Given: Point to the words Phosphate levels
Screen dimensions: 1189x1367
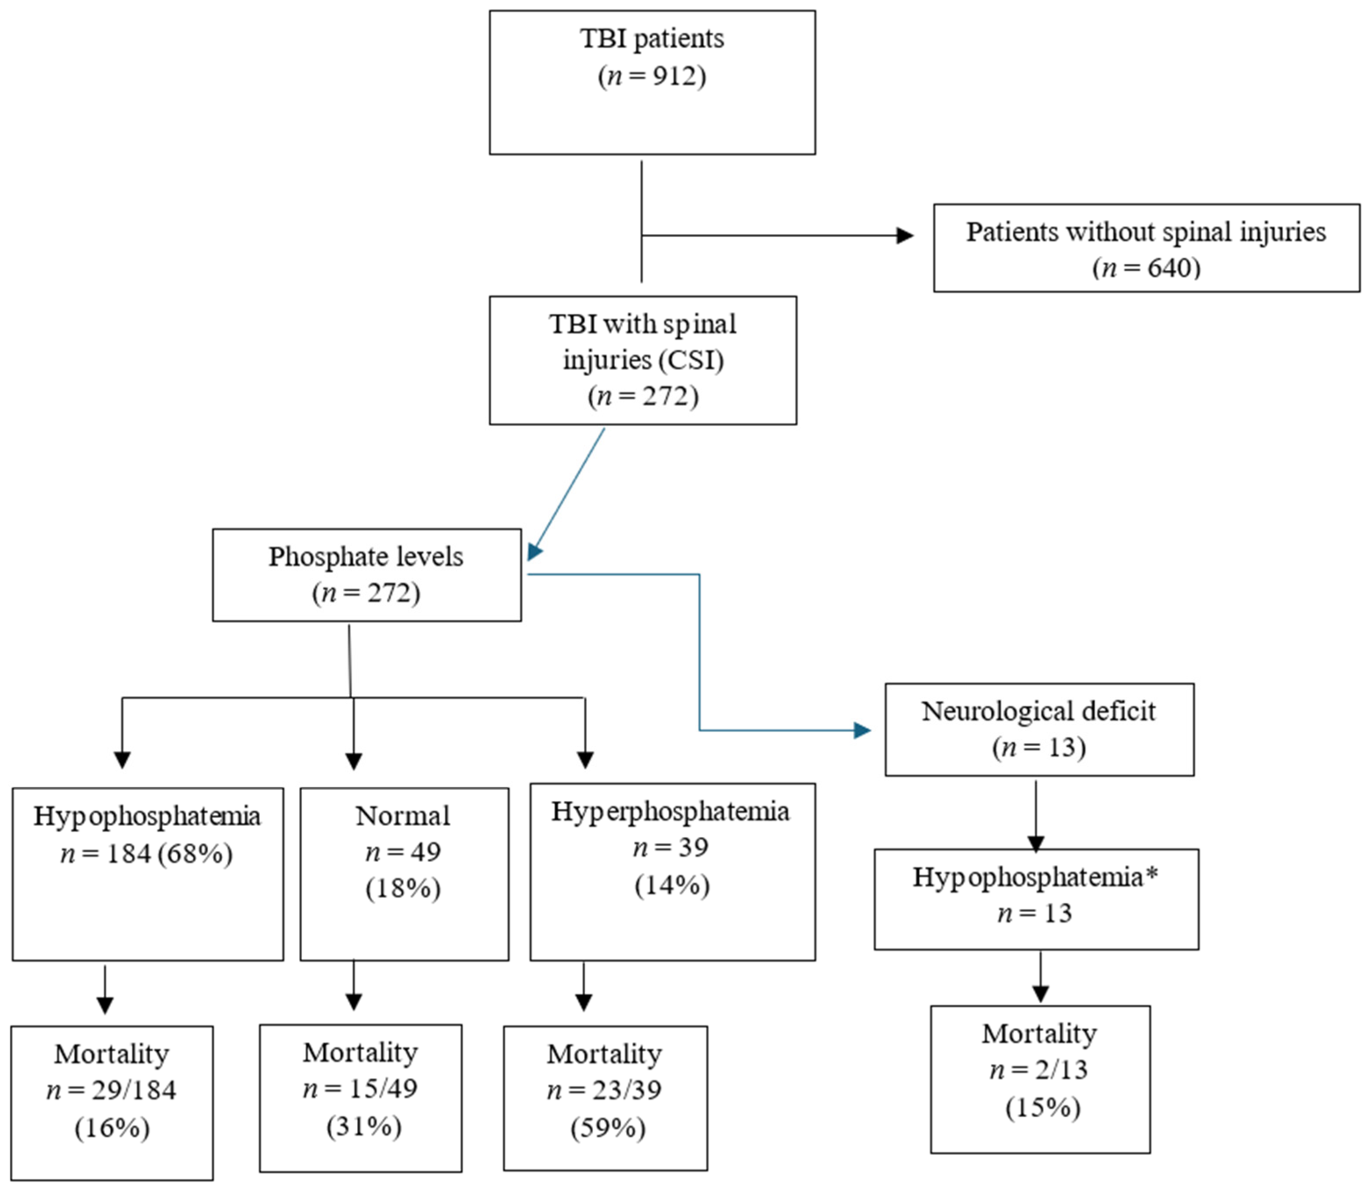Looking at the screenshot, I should (366, 557).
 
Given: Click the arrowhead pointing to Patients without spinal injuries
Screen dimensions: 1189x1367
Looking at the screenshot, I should (904, 235).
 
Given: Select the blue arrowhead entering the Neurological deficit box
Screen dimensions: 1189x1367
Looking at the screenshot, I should (862, 731).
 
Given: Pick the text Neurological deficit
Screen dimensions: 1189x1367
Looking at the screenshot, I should (1038, 711).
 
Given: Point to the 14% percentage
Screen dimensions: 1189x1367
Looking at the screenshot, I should (672, 885).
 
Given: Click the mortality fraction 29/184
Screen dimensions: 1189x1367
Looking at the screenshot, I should (134, 1090).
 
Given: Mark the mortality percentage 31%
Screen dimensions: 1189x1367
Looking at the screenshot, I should (364, 1126).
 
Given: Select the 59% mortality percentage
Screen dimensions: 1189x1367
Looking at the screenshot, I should (607, 1127).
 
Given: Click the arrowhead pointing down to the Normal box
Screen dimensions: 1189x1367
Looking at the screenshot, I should (354, 761).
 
